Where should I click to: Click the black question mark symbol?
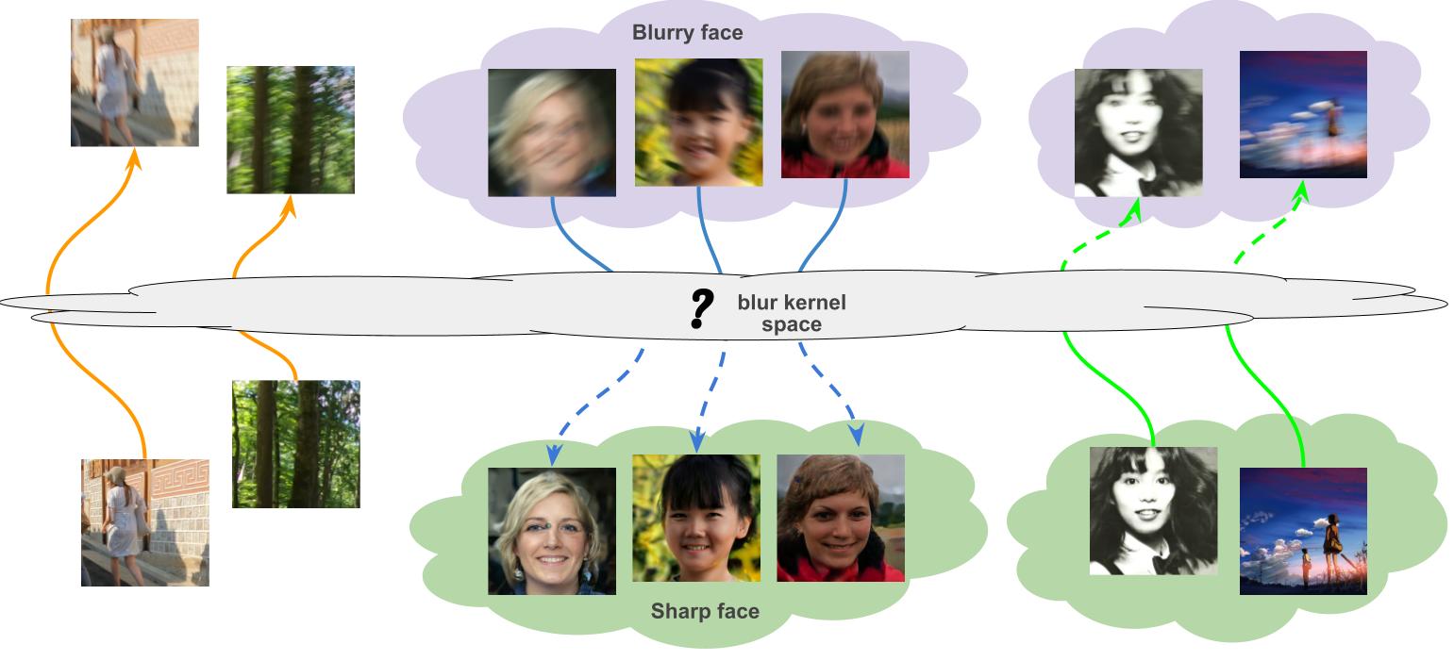(x=699, y=308)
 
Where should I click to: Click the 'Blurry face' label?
(x=687, y=33)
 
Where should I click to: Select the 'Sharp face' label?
(x=705, y=611)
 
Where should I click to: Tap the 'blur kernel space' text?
(x=791, y=314)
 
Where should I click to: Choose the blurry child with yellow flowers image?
(x=697, y=122)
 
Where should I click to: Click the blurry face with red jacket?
(x=844, y=114)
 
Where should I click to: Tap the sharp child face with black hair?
(x=695, y=518)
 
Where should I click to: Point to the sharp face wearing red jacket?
(x=840, y=518)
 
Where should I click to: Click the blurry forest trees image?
(x=291, y=129)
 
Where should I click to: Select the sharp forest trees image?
(x=295, y=443)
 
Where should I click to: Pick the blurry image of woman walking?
(x=134, y=83)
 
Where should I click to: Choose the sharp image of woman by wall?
(x=144, y=522)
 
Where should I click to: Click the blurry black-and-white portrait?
(x=1138, y=132)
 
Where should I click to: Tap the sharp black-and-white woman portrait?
(x=1153, y=510)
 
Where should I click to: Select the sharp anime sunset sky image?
(x=1302, y=531)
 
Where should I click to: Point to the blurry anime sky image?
(x=1302, y=114)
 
